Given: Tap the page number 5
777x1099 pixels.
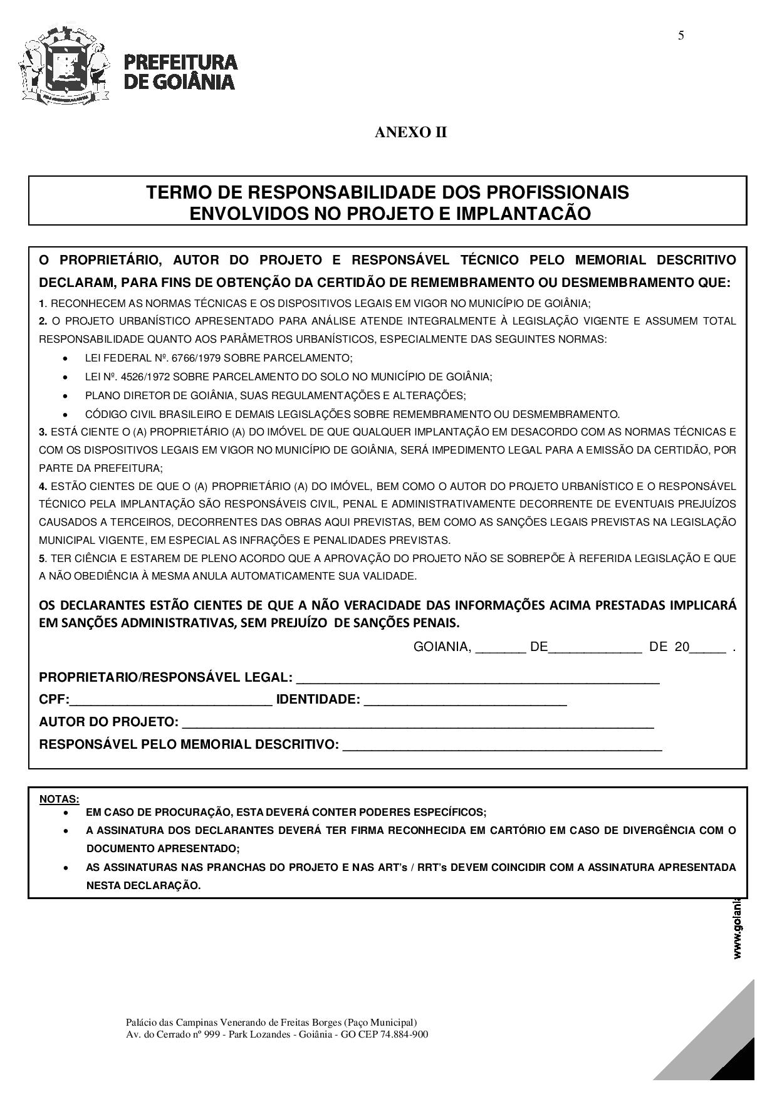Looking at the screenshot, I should [x=681, y=36].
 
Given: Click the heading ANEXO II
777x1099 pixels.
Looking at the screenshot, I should [x=411, y=133].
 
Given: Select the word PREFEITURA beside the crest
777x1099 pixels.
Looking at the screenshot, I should [x=181, y=62].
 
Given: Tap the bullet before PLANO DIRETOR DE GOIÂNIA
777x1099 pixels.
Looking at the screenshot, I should [x=66, y=396].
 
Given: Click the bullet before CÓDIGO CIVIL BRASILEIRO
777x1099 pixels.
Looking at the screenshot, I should [x=66, y=415].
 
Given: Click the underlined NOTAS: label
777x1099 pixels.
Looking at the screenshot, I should [x=60, y=799].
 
